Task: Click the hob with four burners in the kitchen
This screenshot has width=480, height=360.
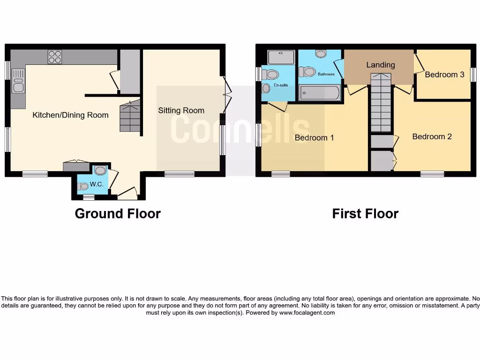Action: (x=54, y=57)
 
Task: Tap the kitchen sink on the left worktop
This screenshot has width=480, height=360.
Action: (x=18, y=81)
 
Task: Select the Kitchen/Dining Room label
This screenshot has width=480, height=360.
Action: (x=70, y=115)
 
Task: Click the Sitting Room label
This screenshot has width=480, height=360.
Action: (x=181, y=111)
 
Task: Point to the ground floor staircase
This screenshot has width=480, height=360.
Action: (x=130, y=116)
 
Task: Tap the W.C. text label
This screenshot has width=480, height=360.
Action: (x=97, y=184)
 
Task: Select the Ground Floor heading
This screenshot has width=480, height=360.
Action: (x=118, y=214)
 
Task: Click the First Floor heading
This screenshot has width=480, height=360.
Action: (x=365, y=214)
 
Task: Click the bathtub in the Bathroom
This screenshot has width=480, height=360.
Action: (x=320, y=93)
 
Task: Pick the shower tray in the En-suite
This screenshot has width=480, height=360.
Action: (x=281, y=57)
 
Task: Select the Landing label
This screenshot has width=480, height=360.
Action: (x=380, y=65)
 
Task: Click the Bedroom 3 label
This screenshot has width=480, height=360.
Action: (x=441, y=75)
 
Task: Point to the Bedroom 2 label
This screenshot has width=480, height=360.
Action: (x=432, y=136)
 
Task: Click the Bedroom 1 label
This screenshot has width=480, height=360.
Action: (x=314, y=138)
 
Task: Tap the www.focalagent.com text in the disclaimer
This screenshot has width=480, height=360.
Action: (x=307, y=313)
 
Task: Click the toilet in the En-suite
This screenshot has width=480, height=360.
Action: (x=270, y=75)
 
